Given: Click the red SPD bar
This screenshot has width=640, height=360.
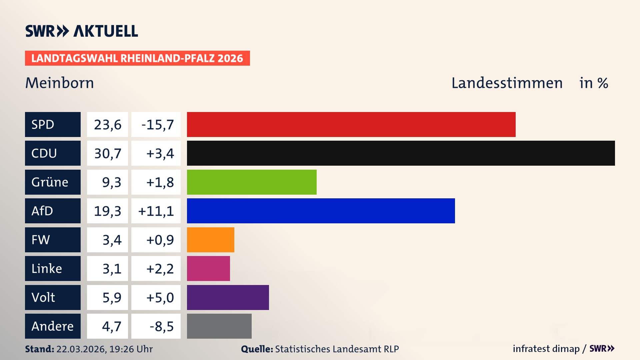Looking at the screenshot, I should point(351,124).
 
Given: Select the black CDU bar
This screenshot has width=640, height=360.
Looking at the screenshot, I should point(401,153).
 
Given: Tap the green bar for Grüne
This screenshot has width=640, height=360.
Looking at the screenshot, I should point(252,182).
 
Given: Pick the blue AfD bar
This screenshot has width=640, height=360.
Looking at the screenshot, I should point(321,211).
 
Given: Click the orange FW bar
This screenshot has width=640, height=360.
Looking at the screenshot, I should point(210,240).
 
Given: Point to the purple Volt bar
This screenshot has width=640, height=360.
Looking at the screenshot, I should point(228,297).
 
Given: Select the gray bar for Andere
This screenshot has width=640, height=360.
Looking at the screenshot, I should point(219,326).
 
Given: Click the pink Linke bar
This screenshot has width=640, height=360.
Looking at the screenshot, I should point(208,268).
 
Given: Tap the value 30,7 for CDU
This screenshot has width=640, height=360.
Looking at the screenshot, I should point(107,153).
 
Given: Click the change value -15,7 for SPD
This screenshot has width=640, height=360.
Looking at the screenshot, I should point(157,125).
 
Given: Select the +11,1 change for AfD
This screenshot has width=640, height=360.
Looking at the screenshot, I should point(156,211).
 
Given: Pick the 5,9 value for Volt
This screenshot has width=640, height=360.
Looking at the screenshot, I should point(112,297).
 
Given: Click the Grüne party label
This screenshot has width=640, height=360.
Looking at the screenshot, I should point(50,182).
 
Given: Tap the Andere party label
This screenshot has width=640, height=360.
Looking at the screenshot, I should point(52,326).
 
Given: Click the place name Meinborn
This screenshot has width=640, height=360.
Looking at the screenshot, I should point(60,83).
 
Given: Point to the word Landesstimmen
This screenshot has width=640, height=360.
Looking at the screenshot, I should point(507,83).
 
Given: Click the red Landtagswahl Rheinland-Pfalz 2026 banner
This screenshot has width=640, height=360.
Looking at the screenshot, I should point(137,58).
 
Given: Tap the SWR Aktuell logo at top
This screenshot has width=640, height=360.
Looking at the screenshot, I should point(81,31).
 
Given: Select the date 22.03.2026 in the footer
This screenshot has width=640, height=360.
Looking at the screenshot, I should point(81,349).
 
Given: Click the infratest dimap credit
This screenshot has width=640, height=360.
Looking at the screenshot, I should point(546,349).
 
